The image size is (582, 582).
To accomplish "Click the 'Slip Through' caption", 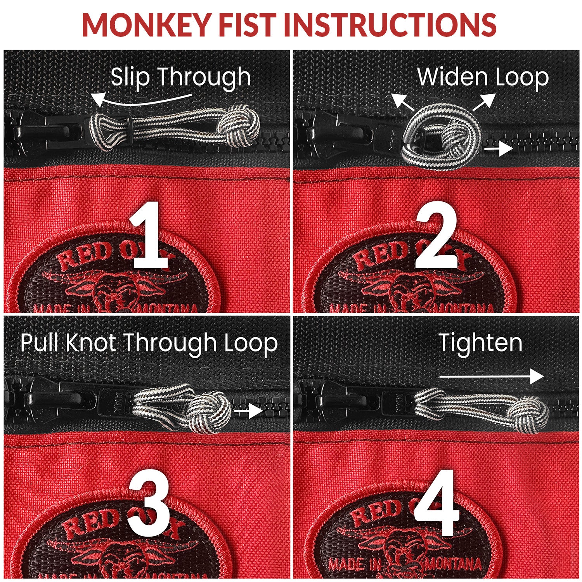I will [x=181, y=76].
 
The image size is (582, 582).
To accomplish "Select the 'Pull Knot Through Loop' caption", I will [x=149, y=343].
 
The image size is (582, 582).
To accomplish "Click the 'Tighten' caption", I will [x=480, y=343].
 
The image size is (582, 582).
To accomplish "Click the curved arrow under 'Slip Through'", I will [x=140, y=100].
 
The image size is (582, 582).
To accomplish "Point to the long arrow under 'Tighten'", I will [x=491, y=376].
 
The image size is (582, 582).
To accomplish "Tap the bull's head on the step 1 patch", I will [x=113, y=289].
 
